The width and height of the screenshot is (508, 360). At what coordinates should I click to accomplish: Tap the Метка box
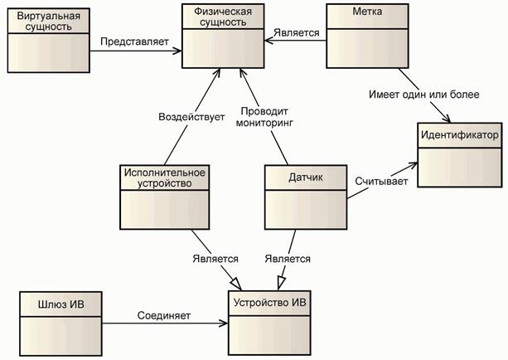[365, 35]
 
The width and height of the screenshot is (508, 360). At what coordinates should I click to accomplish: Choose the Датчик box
[303, 196]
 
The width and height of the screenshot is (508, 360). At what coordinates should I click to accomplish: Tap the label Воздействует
[191, 118]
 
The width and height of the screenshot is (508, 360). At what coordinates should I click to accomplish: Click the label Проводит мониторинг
[266, 117]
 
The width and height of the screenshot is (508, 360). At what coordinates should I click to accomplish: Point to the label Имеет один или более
[423, 95]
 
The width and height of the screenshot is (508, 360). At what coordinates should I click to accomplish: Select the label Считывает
[381, 180]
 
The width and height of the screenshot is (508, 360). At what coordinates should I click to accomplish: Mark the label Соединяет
[164, 315]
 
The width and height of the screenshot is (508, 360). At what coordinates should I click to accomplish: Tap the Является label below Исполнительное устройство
[215, 259]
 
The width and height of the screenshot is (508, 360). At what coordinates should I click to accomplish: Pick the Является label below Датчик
[288, 259]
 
